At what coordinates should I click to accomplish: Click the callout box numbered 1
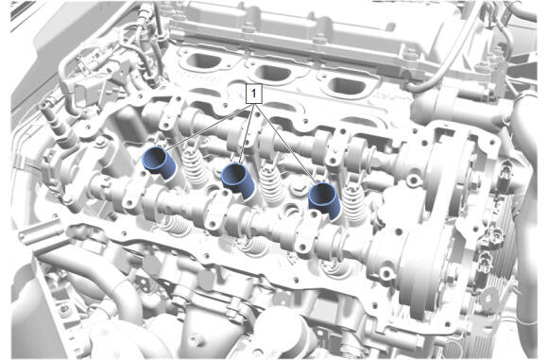[254, 94]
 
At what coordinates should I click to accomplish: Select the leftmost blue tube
[160, 163]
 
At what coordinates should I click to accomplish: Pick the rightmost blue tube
[325, 200]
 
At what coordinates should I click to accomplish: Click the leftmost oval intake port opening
[204, 61]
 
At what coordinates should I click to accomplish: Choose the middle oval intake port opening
[274, 73]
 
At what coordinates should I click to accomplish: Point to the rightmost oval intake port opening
[347, 86]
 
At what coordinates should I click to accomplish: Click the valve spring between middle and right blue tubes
[271, 183]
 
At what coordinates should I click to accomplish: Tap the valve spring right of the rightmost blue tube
[353, 203]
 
